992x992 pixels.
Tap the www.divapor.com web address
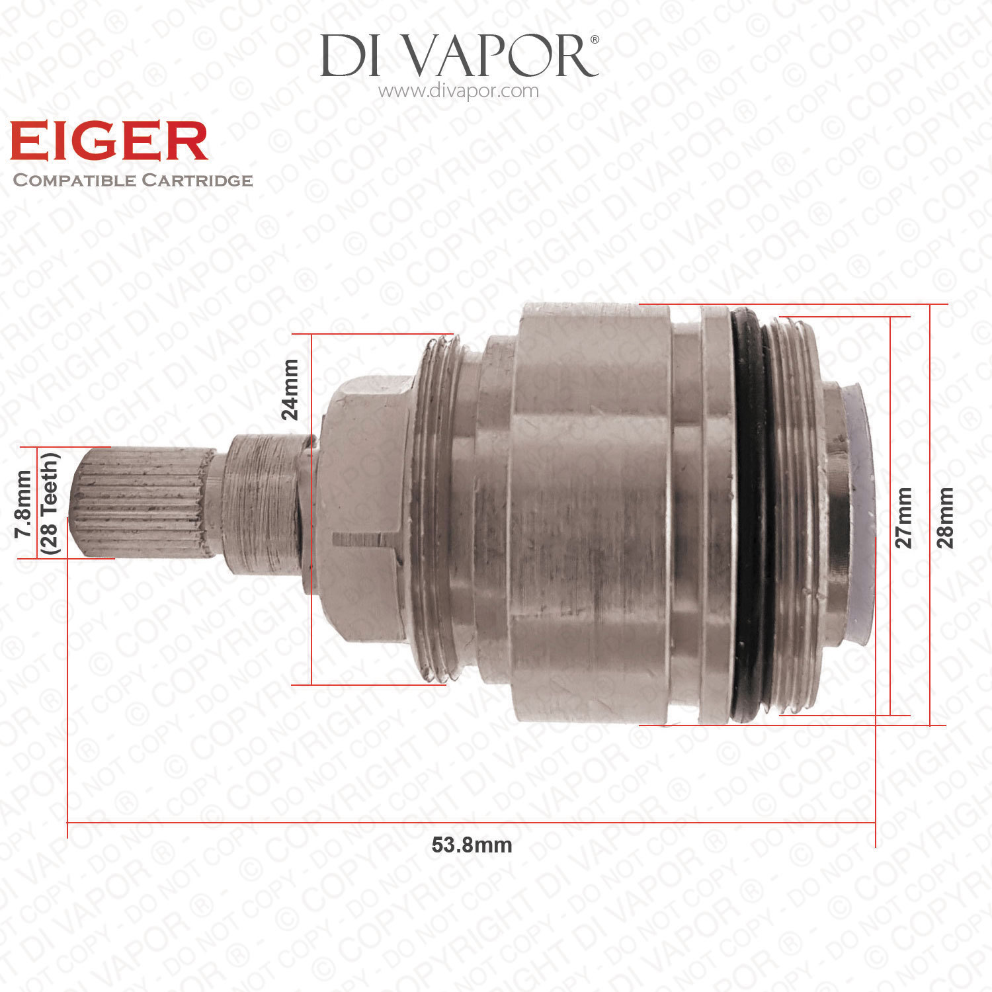(x=458, y=91)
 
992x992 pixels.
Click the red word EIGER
(x=109, y=141)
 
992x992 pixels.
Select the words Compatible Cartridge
(x=133, y=180)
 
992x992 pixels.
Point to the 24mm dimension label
(x=290, y=390)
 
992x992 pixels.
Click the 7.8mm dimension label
(x=23, y=503)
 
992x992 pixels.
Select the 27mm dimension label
(x=903, y=518)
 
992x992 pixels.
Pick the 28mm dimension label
(x=946, y=518)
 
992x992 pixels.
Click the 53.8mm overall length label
(x=472, y=845)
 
